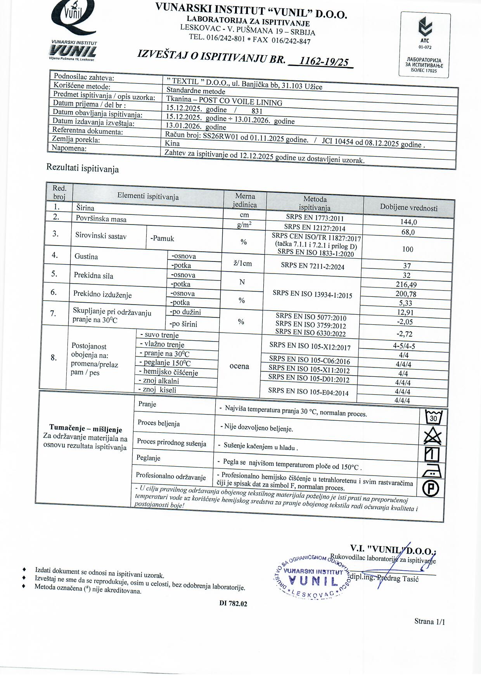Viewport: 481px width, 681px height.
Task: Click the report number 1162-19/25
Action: pyautogui.click(x=324, y=61)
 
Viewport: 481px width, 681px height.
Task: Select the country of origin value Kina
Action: pyautogui.click(x=172, y=143)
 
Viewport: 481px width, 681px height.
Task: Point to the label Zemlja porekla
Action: pyautogui.click(x=76, y=139)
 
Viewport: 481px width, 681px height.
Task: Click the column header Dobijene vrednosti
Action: pyautogui.click(x=408, y=208)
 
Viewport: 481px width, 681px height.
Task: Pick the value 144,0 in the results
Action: pyautogui.click(x=408, y=222)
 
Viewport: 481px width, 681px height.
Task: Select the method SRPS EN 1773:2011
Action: pyautogui.click(x=315, y=218)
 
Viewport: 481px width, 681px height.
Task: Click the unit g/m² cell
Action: pyautogui.click(x=244, y=225)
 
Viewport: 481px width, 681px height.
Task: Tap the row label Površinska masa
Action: pyautogui.click(x=101, y=219)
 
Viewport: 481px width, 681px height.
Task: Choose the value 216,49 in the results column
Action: pyautogui.click(x=406, y=285)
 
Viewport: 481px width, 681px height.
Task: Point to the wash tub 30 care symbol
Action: pyautogui.click(x=433, y=417)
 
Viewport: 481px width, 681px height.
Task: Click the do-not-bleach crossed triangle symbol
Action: pyautogui.click(x=433, y=436)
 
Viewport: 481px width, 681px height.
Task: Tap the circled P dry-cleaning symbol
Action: pyautogui.click(x=431, y=488)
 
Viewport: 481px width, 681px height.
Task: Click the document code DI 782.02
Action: pyautogui.click(x=233, y=603)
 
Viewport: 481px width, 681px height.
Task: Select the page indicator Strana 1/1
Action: pyautogui.click(x=429, y=622)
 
